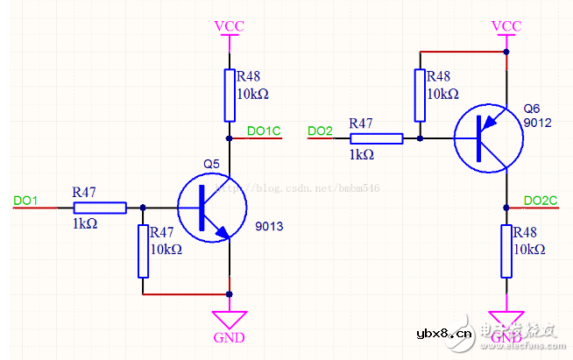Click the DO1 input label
coord(25,201)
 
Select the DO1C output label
coord(263,131)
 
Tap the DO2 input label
coord(321,131)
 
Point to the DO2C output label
coord(540,201)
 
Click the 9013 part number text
coord(269,227)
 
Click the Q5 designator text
coord(211,164)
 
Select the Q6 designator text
coord(532,109)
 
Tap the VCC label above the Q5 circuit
coord(229,25)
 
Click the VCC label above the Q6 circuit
coord(506,25)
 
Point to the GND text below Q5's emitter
coord(230,337)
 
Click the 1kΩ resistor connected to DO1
coord(99,208)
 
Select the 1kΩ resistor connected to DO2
coord(376,138)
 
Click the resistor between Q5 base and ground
coord(143,251)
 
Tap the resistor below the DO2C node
coord(506,251)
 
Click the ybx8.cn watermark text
coord(444,333)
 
